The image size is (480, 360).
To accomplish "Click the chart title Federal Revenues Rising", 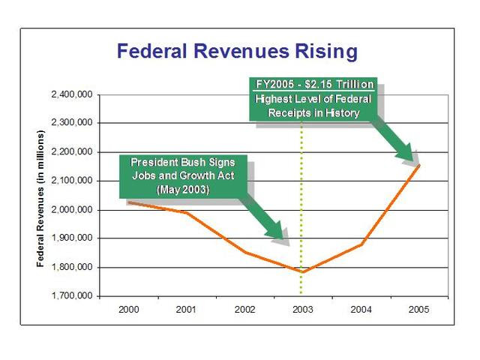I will [x=237, y=52].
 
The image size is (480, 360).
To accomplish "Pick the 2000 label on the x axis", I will [x=128, y=308].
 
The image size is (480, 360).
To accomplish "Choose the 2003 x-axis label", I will [x=302, y=308].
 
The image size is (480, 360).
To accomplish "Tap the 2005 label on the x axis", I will [x=418, y=308].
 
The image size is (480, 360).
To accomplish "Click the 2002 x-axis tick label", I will [x=244, y=308].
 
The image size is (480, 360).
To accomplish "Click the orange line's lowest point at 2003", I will [x=302, y=271].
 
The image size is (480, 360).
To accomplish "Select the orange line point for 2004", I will [x=361, y=244].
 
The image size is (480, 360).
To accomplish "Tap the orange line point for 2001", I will [x=186, y=212].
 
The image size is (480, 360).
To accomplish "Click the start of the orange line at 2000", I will [x=128, y=202].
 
